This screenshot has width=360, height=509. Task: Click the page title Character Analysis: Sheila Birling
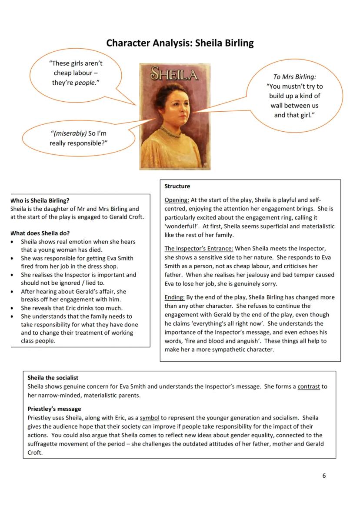click(x=180, y=43)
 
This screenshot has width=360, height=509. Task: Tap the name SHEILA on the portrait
click(x=174, y=75)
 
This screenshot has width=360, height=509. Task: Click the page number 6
click(x=324, y=476)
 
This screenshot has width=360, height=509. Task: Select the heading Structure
click(x=177, y=186)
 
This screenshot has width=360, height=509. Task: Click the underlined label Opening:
click(x=177, y=200)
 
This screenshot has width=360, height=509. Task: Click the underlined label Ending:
click(x=174, y=297)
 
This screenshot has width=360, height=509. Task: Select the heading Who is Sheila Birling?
click(x=40, y=200)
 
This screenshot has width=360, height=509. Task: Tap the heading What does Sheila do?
click(x=40, y=233)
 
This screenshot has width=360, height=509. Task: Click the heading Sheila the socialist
click(x=53, y=378)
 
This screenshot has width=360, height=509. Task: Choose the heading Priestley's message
click(x=54, y=409)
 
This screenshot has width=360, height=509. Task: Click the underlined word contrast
click(x=308, y=386)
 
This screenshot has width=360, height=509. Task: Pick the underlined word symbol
click(x=149, y=418)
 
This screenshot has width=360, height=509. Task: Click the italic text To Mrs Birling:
click(x=294, y=77)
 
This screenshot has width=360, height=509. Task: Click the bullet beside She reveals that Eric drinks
click(x=12, y=308)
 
